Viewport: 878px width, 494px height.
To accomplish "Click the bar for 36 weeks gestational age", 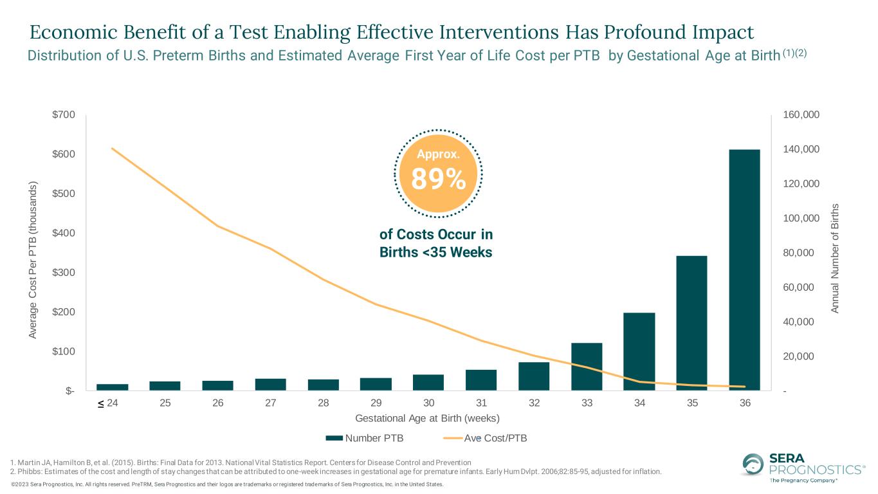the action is pyautogui.click(x=744, y=270).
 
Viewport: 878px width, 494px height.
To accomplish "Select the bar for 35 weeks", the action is pyautogui.click(x=692, y=323).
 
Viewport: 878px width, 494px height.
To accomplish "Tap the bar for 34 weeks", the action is pyautogui.click(x=639, y=351).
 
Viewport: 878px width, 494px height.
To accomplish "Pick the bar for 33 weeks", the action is pyautogui.click(x=587, y=367).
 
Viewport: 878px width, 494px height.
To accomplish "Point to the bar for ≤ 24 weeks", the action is pyautogui.click(x=113, y=387).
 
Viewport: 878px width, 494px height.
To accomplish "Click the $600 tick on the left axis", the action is pyautogui.click(x=64, y=154).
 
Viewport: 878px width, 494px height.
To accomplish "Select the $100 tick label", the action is pyautogui.click(x=64, y=351).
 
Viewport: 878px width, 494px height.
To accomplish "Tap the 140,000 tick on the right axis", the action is pyautogui.click(x=801, y=149).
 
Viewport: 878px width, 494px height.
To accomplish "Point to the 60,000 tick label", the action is pyautogui.click(x=798, y=288).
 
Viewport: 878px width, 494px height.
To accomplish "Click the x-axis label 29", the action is pyautogui.click(x=376, y=403).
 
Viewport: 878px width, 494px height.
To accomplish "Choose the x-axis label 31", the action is pyautogui.click(x=481, y=403).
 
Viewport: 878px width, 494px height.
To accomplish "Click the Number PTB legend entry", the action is pyautogui.click(x=365, y=438).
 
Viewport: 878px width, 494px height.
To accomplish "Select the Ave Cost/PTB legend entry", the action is pyautogui.click(x=485, y=438).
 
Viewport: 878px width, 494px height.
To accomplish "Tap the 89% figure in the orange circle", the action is pyautogui.click(x=438, y=179).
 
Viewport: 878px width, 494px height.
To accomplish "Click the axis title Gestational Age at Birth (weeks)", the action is pyautogui.click(x=427, y=418).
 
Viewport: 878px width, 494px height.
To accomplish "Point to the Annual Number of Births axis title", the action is pyautogui.click(x=835, y=259).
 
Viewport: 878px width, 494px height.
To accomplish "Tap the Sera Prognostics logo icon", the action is pyautogui.click(x=753, y=464).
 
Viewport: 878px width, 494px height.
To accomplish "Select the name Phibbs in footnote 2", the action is pyautogui.click(x=28, y=471).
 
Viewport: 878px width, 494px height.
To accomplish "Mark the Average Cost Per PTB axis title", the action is pyautogui.click(x=33, y=260).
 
